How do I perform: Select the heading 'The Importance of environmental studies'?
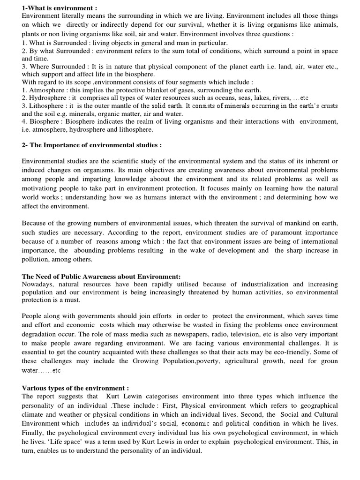click(92, 145)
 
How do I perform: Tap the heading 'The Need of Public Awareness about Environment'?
click(101, 277)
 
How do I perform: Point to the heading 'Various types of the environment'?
click(75, 388)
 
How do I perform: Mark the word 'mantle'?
click(140, 106)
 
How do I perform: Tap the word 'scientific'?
click(125, 161)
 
